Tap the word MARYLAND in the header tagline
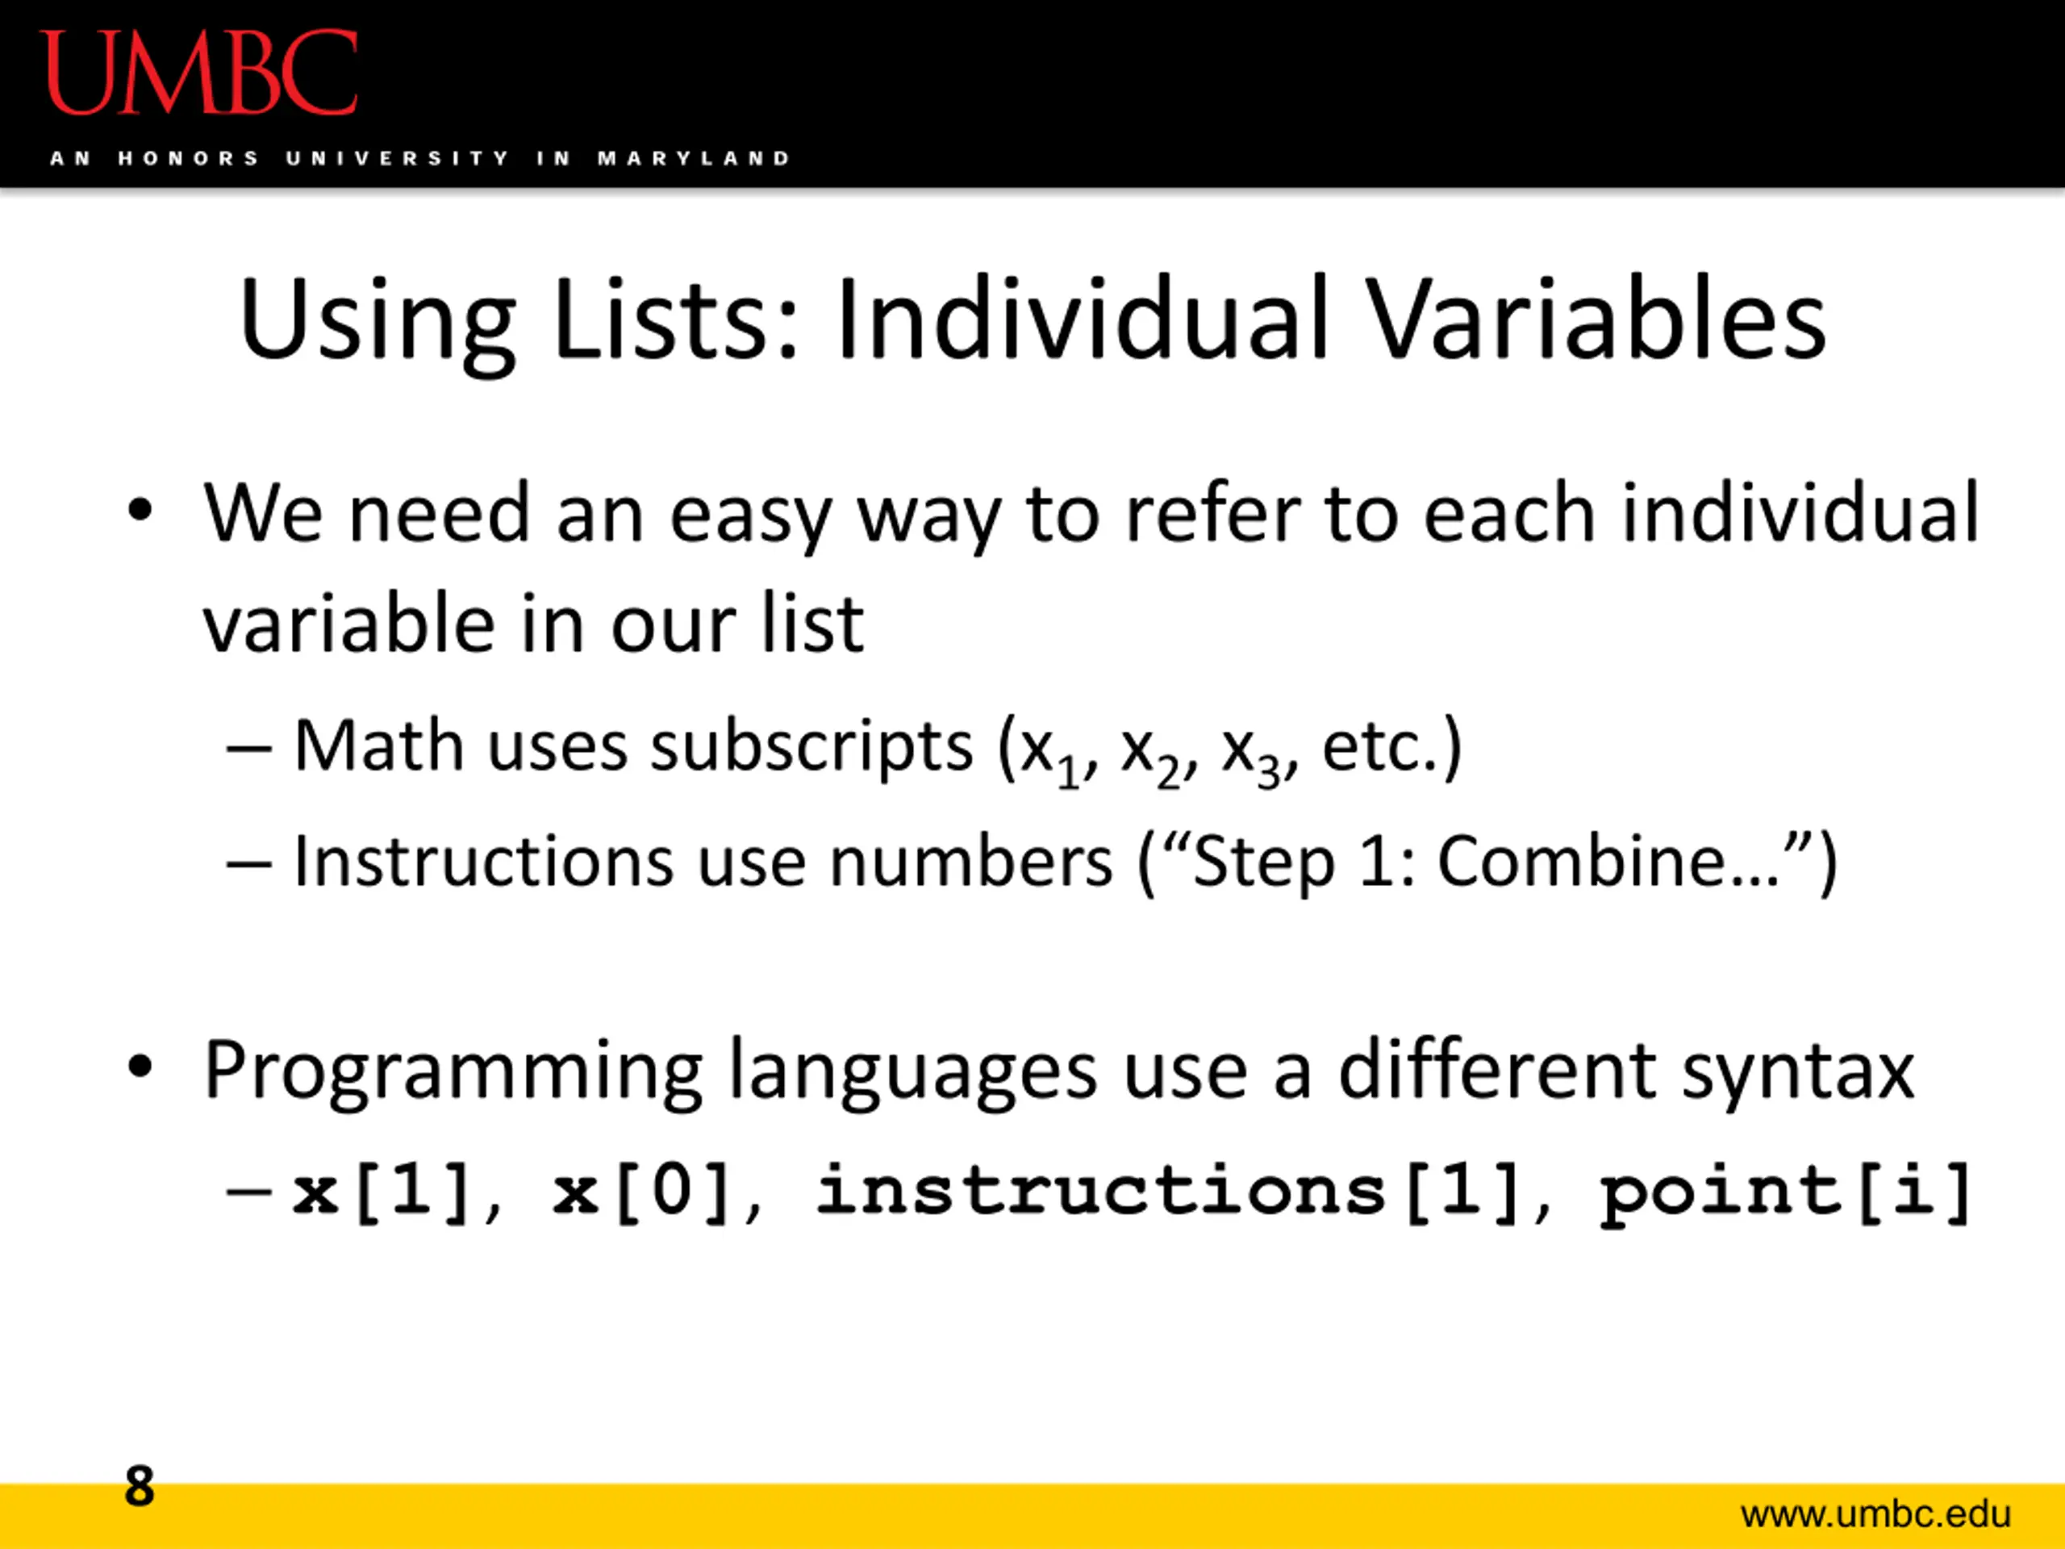point(695,159)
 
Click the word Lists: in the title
point(676,319)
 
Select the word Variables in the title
point(1597,319)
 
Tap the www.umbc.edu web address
point(1875,1514)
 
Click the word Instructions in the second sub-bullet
point(483,860)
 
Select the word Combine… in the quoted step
point(1608,860)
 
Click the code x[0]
point(640,1192)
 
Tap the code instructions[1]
point(1167,1192)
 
